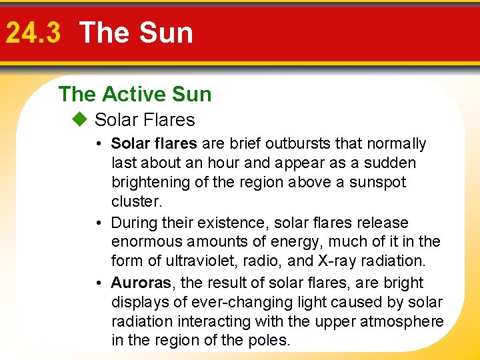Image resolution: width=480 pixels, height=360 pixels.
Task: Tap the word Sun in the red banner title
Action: pos(169,33)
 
